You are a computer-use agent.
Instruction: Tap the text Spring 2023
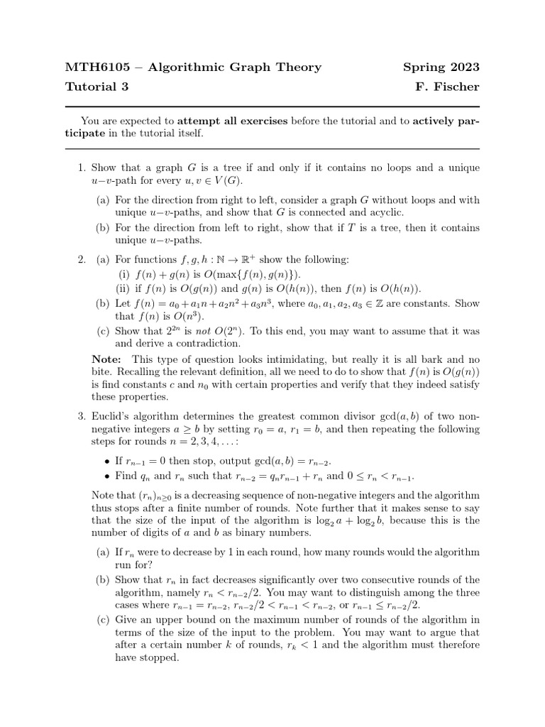tap(441, 67)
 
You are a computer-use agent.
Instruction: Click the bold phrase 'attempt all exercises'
tap(232, 121)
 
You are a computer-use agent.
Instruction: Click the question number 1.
tap(81, 168)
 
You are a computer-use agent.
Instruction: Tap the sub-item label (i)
tap(123, 274)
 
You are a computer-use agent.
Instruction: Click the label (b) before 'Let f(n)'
tap(103, 302)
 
